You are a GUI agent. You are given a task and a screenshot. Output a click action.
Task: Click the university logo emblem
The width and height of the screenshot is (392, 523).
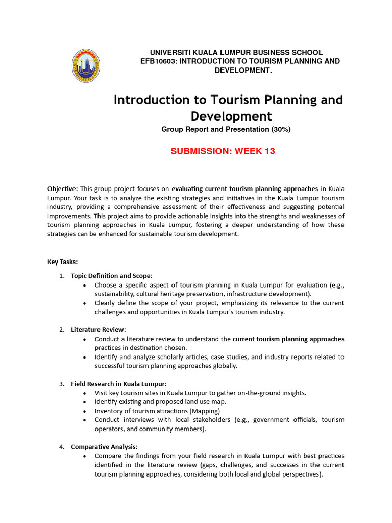click(x=85, y=65)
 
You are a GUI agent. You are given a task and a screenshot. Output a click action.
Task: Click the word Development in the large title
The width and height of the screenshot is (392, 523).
click(x=228, y=116)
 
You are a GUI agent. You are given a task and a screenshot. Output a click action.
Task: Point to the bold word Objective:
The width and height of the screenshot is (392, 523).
click(x=63, y=188)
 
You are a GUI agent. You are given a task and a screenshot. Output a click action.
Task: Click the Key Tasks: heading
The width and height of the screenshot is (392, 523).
click(x=62, y=262)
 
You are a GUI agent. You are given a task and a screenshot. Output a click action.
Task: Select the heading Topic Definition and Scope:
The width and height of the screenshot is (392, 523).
click(x=112, y=276)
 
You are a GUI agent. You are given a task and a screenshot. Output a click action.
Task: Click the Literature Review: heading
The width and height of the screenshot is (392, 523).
click(x=98, y=329)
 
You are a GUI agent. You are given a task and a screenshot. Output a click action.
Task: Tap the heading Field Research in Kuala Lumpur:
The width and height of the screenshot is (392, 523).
click(x=118, y=384)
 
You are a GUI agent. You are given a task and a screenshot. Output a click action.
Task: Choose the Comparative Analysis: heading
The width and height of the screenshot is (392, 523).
click(x=104, y=447)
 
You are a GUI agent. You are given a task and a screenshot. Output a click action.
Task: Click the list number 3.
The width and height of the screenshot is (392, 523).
click(x=61, y=384)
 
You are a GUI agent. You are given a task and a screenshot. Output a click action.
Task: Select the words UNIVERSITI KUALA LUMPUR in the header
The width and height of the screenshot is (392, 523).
click(x=192, y=53)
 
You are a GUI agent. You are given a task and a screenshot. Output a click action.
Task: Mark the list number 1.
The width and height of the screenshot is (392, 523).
click(x=61, y=276)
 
